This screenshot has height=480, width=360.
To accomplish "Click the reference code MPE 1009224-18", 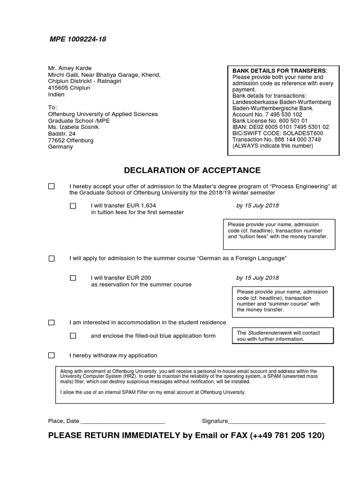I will [x=78, y=39].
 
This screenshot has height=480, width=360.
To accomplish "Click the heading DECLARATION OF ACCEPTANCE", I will [x=192, y=170].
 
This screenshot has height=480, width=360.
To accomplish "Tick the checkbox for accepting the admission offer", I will [x=52, y=187].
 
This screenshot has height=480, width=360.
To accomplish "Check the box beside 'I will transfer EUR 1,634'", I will [x=73, y=206].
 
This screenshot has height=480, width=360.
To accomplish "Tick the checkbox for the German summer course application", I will [x=52, y=259].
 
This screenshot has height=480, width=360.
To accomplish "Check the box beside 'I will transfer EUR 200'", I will [x=73, y=278].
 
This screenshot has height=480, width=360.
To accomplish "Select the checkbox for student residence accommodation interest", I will [x=52, y=322].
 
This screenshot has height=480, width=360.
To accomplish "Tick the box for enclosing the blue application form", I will [x=73, y=336].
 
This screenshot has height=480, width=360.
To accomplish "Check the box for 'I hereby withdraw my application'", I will [x=52, y=355].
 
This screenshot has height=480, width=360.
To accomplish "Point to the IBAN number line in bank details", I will [x=281, y=127].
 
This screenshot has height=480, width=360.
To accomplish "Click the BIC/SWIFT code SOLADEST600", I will [x=278, y=133].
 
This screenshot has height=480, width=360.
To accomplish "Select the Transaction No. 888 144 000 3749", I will [x=277, y=140].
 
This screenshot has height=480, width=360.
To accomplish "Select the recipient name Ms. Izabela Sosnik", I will [x=74, y=127].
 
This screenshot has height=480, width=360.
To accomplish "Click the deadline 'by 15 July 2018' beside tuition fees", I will [x=257, y=206].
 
